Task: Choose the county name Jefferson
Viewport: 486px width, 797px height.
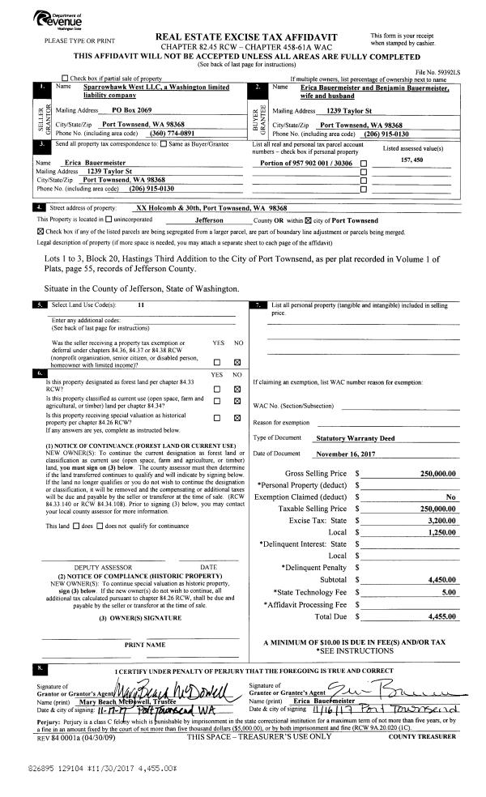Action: [x=209, y=220]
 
